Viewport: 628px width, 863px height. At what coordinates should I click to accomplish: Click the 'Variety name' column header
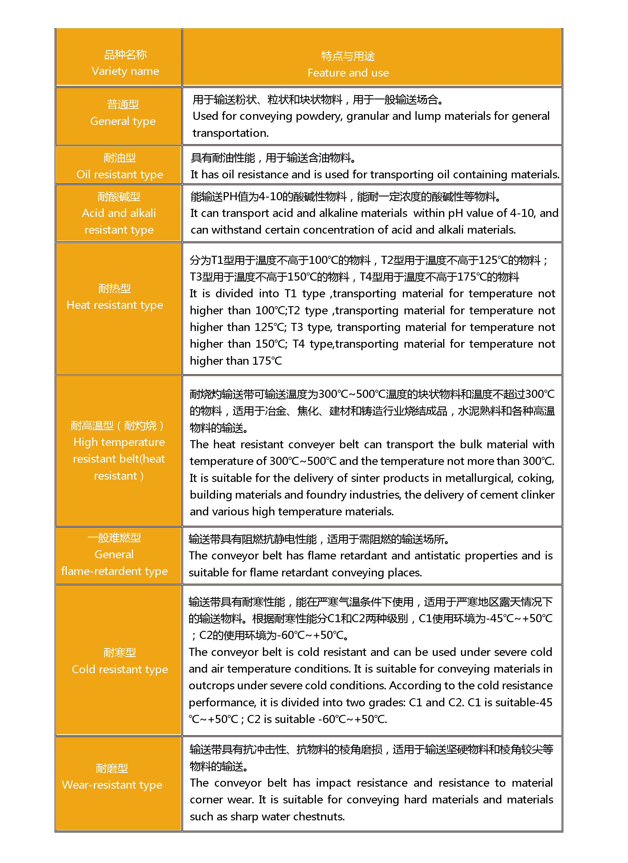coord(125,71)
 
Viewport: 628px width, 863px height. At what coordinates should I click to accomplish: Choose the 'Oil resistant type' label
coord(119,174)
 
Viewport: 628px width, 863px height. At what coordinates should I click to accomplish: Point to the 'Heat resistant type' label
coord(115,305)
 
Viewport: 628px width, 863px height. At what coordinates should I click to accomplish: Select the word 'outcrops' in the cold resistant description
coord(211,685)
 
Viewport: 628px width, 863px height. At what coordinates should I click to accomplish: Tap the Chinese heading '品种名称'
coord(125,55)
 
